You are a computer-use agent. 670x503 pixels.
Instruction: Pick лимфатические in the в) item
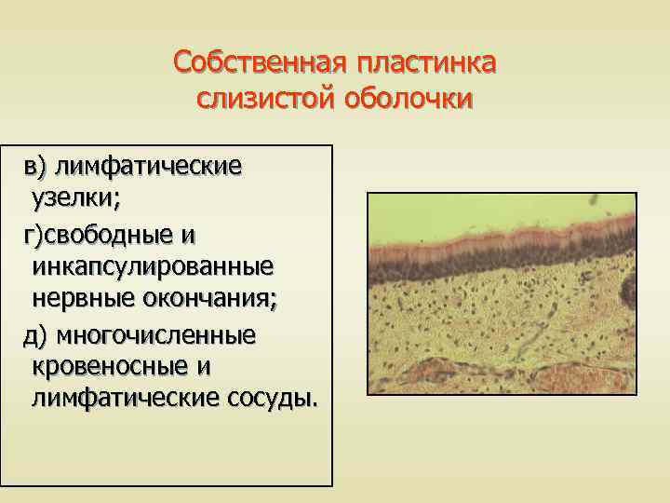point(149,167)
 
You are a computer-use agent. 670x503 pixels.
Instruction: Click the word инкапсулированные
point(153,266)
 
